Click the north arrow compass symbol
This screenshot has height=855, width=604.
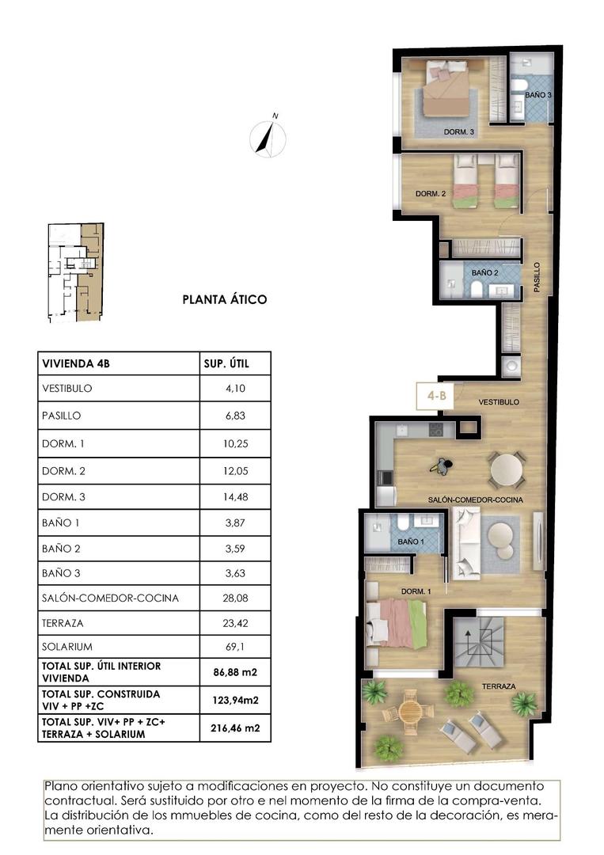pyautogui.click(x=268, y=137)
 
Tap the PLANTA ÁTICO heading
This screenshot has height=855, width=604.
pyautogui.click(x=225, y=299)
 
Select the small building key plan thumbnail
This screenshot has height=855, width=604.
pyautogui.click(x=75, y=272)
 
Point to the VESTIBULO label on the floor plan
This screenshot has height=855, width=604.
pyautogui.click(x=499, y=402)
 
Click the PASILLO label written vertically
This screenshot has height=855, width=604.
pyautogui.click(x=537, y=278)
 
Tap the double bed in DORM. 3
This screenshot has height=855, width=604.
pyautogui.click(x=446, y=91)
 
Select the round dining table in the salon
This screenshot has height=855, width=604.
pyautogui.click(x=507, y=469)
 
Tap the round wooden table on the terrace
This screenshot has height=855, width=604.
pyautogui.click(x=410, y=710)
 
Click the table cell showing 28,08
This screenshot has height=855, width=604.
pyautogui.click(x=236, y=598)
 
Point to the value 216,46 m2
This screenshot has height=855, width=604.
pyautogui.click(x=236, y=728)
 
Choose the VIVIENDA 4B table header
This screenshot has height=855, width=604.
pyautogui.click(x=74, y=364)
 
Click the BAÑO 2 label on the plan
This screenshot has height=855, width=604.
pyautogui.click(x=484, y=272)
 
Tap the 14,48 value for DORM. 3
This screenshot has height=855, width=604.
pyautogui.click(x=236, y=496)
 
